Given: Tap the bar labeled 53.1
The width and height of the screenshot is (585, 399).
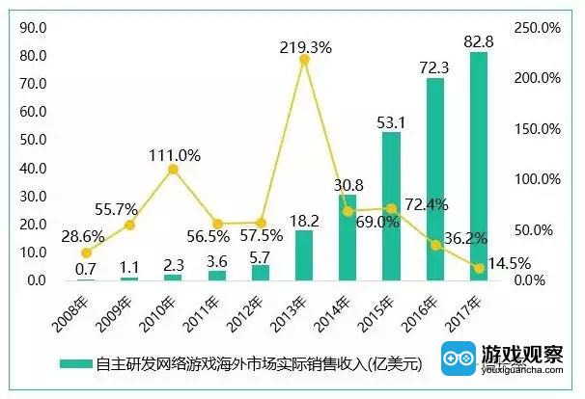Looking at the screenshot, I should click(391, 206).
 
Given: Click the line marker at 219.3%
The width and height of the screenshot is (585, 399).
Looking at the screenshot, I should click(304, 59).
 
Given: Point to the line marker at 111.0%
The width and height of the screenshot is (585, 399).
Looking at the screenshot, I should click(173, 169).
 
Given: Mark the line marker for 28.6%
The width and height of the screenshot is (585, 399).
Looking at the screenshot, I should click(86, 253).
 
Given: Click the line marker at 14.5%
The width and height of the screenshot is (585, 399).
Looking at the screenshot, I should click(479, 267).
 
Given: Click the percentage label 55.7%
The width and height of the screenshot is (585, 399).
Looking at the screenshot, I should click(117, 209).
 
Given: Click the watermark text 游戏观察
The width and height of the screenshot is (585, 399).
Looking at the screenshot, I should click(522, 355).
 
